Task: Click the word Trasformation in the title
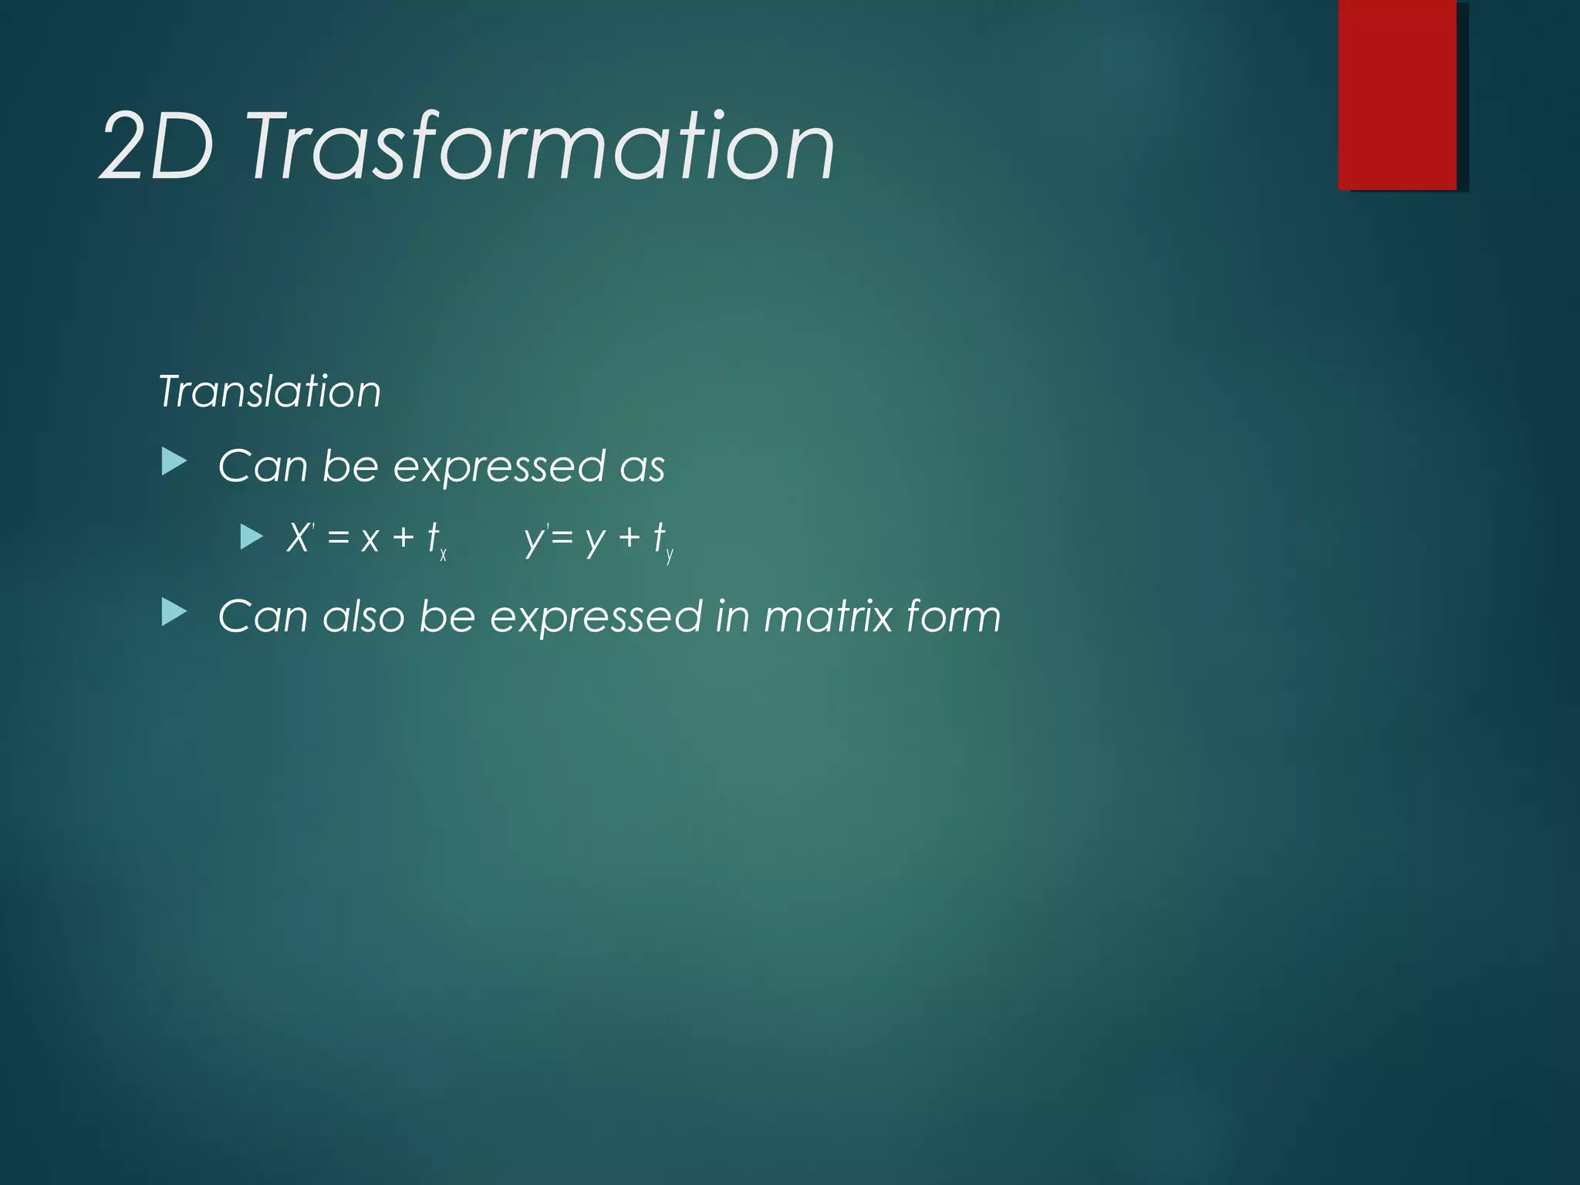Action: coord(540,147)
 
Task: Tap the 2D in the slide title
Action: coord(157,147)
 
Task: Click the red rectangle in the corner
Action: coord(1397,94)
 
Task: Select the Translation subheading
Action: coord(269,391)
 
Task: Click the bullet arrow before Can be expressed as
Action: coord(174,464)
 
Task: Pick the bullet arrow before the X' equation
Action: coord(252,536)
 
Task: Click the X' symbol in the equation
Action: coord(299,537)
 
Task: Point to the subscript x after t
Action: coord(444,555)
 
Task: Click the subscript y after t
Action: coord(670,555)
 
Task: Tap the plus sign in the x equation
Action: coord(403,538)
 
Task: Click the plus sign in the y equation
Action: coord(629,538)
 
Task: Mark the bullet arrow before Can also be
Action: coord(174,613)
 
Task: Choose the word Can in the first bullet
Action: coord(262,466)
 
